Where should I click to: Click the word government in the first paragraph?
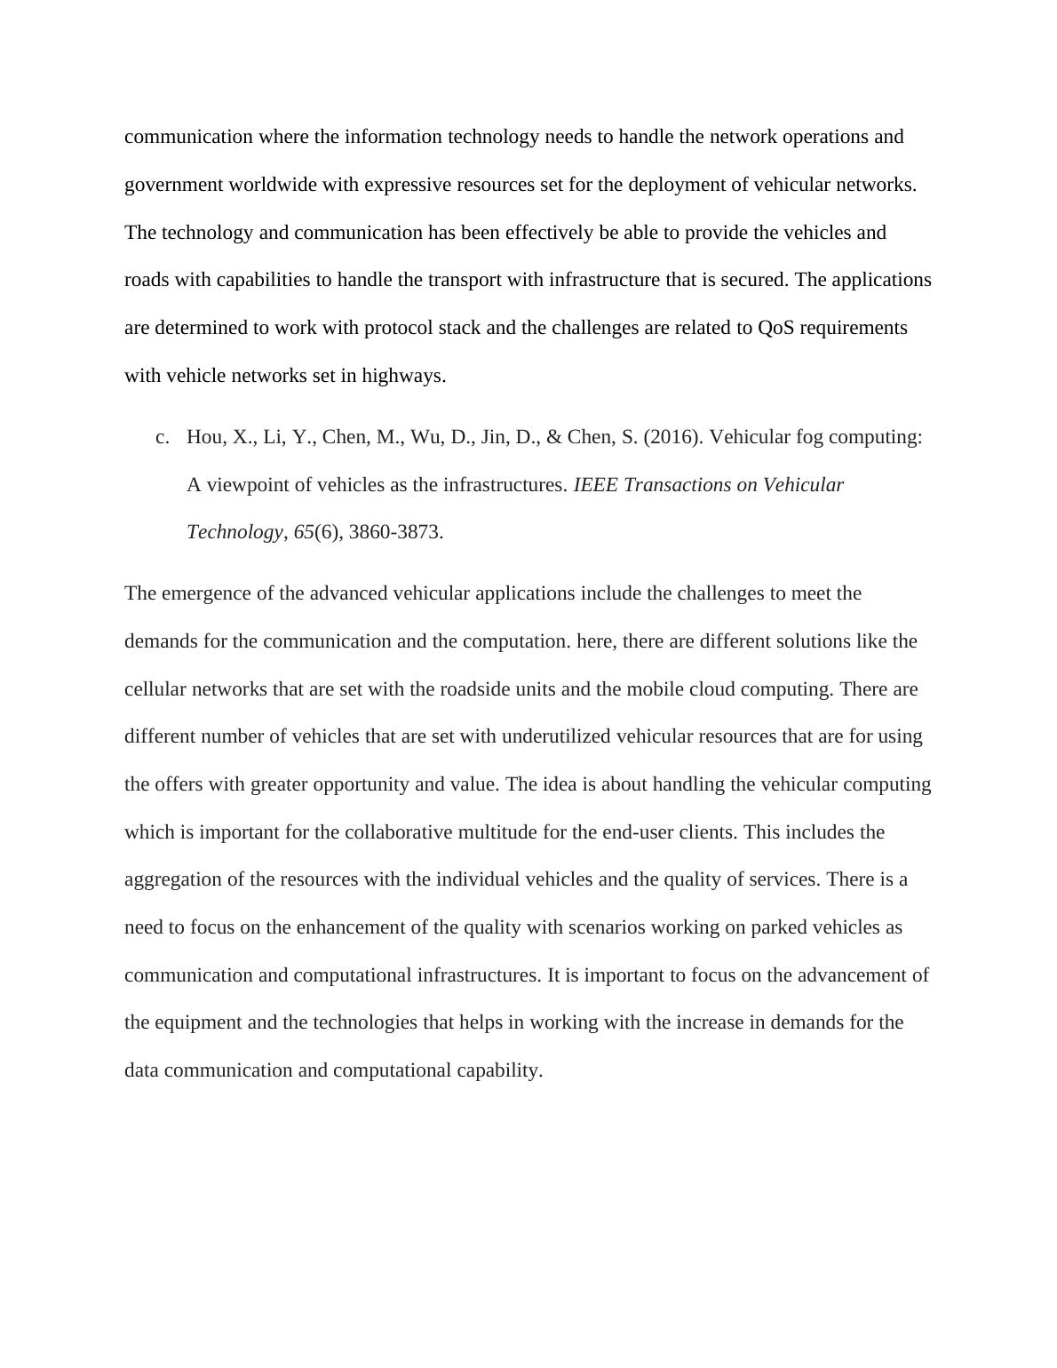[174, 185]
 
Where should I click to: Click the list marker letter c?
[162, 437]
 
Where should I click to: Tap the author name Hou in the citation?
[203, 437]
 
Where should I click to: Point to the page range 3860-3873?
[396, 532]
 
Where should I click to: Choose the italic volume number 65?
[304, 532]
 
